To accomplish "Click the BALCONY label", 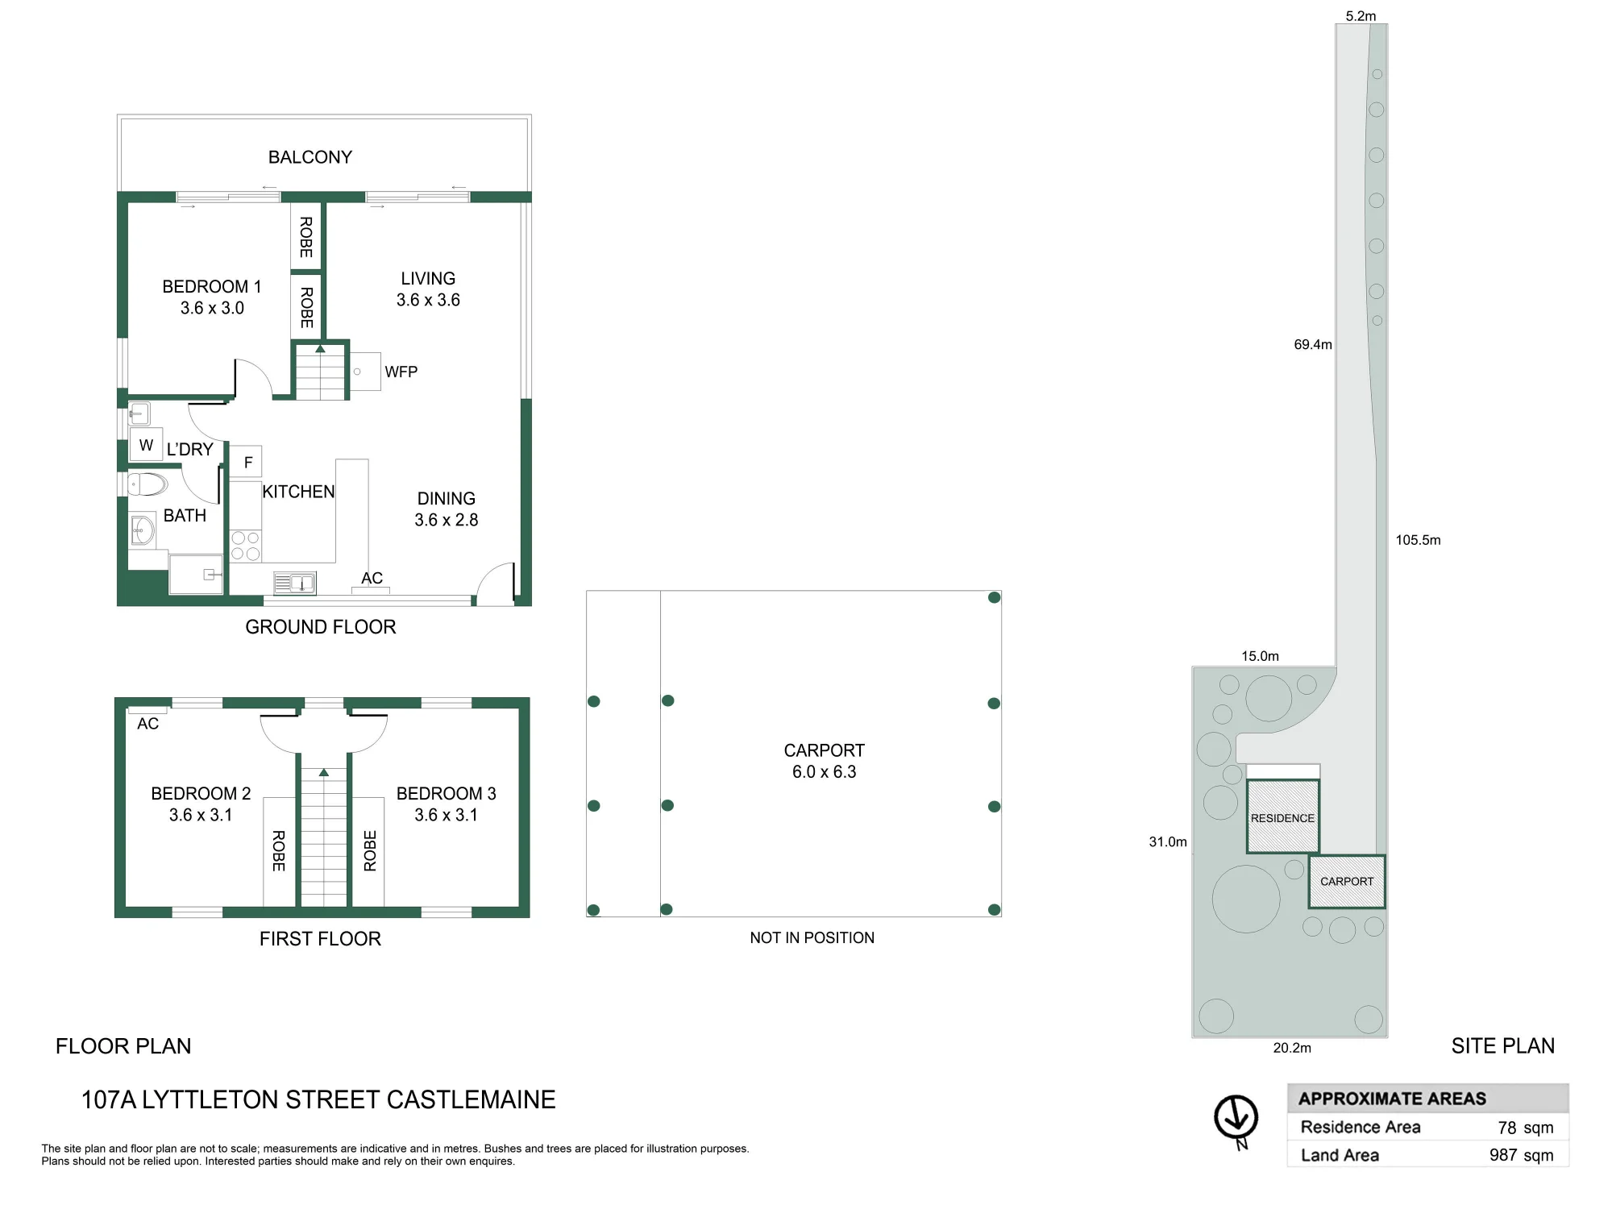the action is click(x=310, y=157).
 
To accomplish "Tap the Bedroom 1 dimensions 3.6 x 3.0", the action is click(x=212, y=308).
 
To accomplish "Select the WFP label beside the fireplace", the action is click(x=401, y=372).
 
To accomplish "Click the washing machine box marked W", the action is click(x=147, y=445).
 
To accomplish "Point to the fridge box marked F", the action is click(x=247, y=463).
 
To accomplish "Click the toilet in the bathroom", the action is click(x=147, y=484).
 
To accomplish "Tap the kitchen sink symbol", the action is click(x=295, y=582).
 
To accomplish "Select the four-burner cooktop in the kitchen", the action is click(x=246, y=546).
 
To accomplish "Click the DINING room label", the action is click(x=446, y=499).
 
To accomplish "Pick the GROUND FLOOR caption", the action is click(x=321, y=627).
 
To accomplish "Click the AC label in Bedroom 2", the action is click(x=147, y=724).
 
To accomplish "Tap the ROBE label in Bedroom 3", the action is click(x=370, y=851).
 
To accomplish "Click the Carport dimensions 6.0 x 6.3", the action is click(x=824, y=772).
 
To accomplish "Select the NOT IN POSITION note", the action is click(x=812, y=938).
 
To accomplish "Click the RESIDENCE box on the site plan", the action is click(x=1282, y=816).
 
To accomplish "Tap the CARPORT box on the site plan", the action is click(x=1347, y=882).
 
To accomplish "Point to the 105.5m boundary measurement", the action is click(x=1418, y=540).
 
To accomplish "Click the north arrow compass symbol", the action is click(x=1236, y=1119).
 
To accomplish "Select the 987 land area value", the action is click(x=1503, y=1155).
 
